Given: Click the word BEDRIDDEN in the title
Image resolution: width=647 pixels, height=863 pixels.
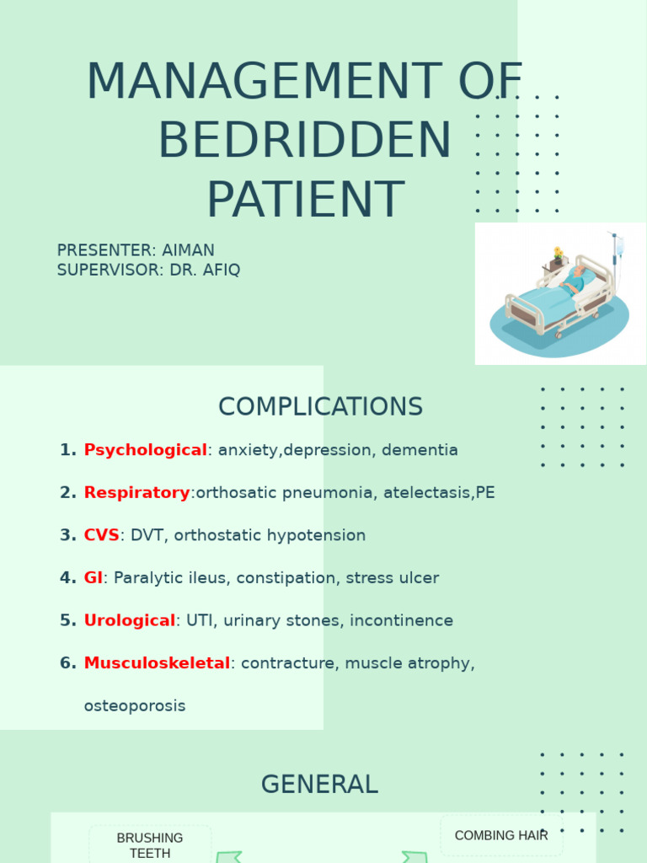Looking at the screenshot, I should point(304,141).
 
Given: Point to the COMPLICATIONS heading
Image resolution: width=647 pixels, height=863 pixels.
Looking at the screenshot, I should point(320,407).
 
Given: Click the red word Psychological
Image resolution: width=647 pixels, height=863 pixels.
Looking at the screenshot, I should point(145,450).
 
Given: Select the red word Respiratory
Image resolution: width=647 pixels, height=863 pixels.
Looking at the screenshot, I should point(136,493).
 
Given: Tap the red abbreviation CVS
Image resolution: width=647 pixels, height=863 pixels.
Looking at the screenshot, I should point(101,535).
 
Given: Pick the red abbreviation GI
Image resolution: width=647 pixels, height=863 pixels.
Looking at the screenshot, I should point(93,578).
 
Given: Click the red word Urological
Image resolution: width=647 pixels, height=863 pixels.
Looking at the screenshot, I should point(130,621).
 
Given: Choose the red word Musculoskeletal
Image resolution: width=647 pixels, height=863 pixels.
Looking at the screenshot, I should point(157,663).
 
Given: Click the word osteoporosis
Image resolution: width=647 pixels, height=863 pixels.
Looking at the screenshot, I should point(135,706).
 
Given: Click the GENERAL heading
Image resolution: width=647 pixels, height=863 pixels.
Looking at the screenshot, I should point(319,785).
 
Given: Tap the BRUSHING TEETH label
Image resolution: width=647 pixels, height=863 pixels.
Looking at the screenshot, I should point(150,845).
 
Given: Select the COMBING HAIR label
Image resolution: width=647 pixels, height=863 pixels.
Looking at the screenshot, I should point(501,835).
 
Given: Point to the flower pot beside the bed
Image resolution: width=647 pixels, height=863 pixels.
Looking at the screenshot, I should point(557,255).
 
